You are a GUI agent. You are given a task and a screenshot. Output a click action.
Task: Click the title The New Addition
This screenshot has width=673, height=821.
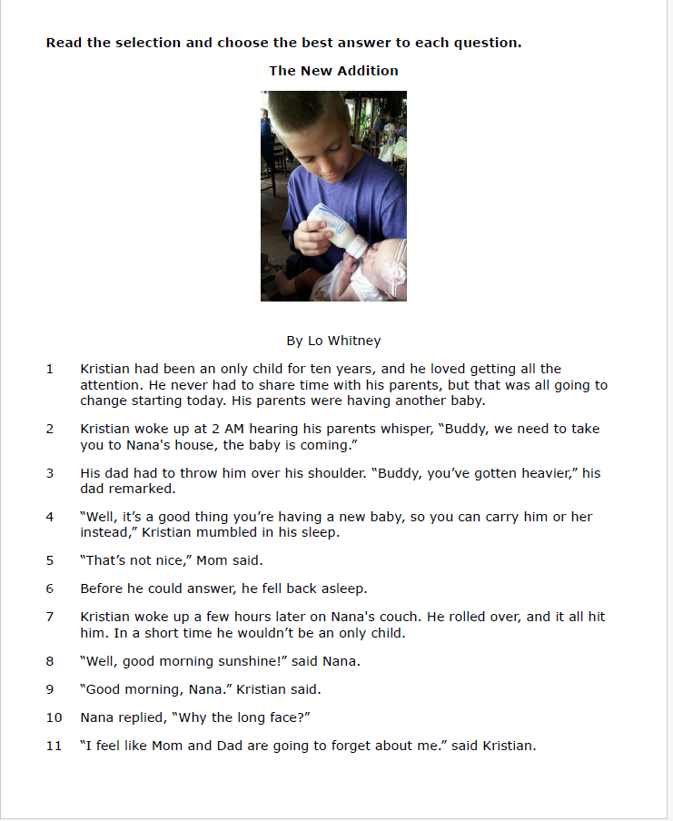pyautogui.click(x=333, y=70)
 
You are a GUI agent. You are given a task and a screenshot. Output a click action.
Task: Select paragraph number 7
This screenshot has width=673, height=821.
pyautogui.click(x=50, y=617)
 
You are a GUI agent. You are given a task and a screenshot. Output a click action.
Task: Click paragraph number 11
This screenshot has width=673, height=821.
pyautogui.click(x=54, y=746)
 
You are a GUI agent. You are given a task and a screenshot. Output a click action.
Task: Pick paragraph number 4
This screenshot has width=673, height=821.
pyautogui.click(x=50, y=517)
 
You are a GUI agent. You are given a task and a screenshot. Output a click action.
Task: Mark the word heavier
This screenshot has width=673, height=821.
pyautogui.click(x=548, y=473)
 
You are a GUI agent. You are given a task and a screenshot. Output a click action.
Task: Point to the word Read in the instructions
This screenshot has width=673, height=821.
pyautogui.click(x=64, y=43)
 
